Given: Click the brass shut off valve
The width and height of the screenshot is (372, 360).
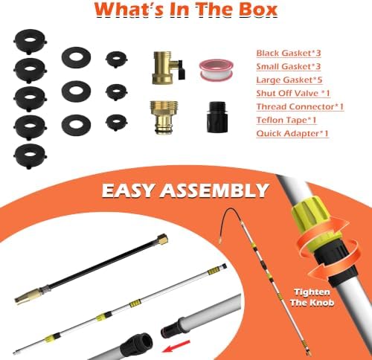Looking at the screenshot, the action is [x=167, y=68].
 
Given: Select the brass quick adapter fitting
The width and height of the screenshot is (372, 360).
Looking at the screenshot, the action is [x=164, y=118].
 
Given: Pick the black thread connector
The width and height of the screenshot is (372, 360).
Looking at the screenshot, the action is [x=216, y=117].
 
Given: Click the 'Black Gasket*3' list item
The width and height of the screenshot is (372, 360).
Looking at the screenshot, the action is [x=289, y=53].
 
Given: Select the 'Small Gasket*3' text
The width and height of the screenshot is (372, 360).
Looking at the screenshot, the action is [x=289, y=66].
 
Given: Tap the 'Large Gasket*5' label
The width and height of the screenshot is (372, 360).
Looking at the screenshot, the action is [x=289, y=80].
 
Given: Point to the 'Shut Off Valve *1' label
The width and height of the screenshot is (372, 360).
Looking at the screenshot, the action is [x=293, y=93].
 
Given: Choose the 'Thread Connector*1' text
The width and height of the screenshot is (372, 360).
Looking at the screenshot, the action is [x=300, y=106].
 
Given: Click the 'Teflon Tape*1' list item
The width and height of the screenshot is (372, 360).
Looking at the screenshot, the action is [x=286, y=120].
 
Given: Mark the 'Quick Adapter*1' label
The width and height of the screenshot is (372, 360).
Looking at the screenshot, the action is [x=292, y=133].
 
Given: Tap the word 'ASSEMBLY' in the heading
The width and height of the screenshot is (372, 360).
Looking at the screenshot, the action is [x=214, y=190].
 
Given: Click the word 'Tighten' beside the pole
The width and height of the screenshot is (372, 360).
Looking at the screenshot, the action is [x=312, y=292].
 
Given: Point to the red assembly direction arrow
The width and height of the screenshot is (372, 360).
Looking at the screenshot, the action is [x=176, y=347].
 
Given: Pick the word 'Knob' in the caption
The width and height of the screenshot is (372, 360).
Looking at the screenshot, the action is [x=322, y=303].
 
